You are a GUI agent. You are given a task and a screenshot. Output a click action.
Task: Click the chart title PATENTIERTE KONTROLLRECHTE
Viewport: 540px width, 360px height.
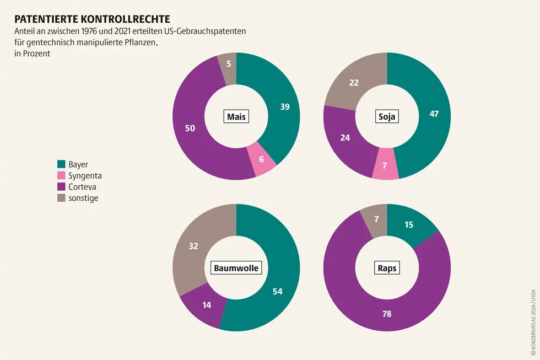tap(92, 19)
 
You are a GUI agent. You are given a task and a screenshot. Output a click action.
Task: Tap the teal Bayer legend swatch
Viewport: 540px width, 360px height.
tap(61, 164)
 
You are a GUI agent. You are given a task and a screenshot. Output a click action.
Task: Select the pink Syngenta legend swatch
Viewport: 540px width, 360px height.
tap(61, 176)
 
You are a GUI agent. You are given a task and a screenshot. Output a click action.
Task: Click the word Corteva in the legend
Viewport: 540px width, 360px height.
tap(83, 187)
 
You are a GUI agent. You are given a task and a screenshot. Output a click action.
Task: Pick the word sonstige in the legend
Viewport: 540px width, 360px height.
tap(83, 198)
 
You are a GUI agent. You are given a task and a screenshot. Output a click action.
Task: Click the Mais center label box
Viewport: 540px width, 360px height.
tap(237, 117)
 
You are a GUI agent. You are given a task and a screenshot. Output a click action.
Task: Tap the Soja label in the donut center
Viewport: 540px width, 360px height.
tap(387, 117)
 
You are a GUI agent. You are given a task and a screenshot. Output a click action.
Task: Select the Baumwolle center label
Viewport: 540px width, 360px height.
tap(236, 268)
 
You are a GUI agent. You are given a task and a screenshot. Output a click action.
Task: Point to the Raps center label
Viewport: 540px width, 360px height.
tap(387, 268)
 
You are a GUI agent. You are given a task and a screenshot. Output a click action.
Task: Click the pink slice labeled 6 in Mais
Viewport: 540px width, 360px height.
tap(261, 159)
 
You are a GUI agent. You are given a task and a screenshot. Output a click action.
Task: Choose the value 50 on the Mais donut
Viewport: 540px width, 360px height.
tap(190, 128)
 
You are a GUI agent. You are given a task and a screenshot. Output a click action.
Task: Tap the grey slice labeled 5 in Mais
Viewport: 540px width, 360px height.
tap(228, 64)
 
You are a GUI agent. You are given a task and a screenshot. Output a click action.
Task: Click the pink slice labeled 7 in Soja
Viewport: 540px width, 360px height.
tap(385, 165)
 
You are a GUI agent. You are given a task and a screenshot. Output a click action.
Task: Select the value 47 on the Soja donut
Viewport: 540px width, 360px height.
tap(434, 114)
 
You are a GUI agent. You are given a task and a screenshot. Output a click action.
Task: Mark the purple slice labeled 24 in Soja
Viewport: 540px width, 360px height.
tap(345, 138)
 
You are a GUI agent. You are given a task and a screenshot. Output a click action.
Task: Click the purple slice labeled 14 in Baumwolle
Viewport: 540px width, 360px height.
tap(206, 304)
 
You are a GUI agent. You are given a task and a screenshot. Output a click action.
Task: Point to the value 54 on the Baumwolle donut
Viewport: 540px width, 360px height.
tap(278, 291)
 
